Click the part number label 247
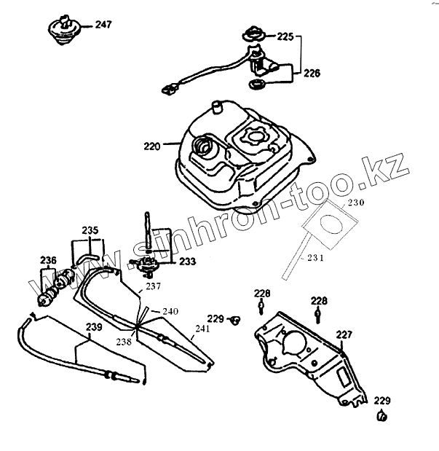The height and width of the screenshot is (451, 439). [103, 25]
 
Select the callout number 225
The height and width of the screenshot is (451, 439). [285, 35]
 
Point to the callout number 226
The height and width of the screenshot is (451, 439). [312, 73]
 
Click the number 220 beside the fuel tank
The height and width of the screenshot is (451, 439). [151, 146]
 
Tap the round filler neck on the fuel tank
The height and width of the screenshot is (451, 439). [203, 149]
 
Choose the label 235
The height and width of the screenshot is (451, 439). [90, 231]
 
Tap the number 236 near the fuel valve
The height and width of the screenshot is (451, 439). [48, 259]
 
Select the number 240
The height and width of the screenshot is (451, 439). [170, 310]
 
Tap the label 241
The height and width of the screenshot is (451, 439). [202, 329]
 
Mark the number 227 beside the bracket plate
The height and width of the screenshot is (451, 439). [344, 334]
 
